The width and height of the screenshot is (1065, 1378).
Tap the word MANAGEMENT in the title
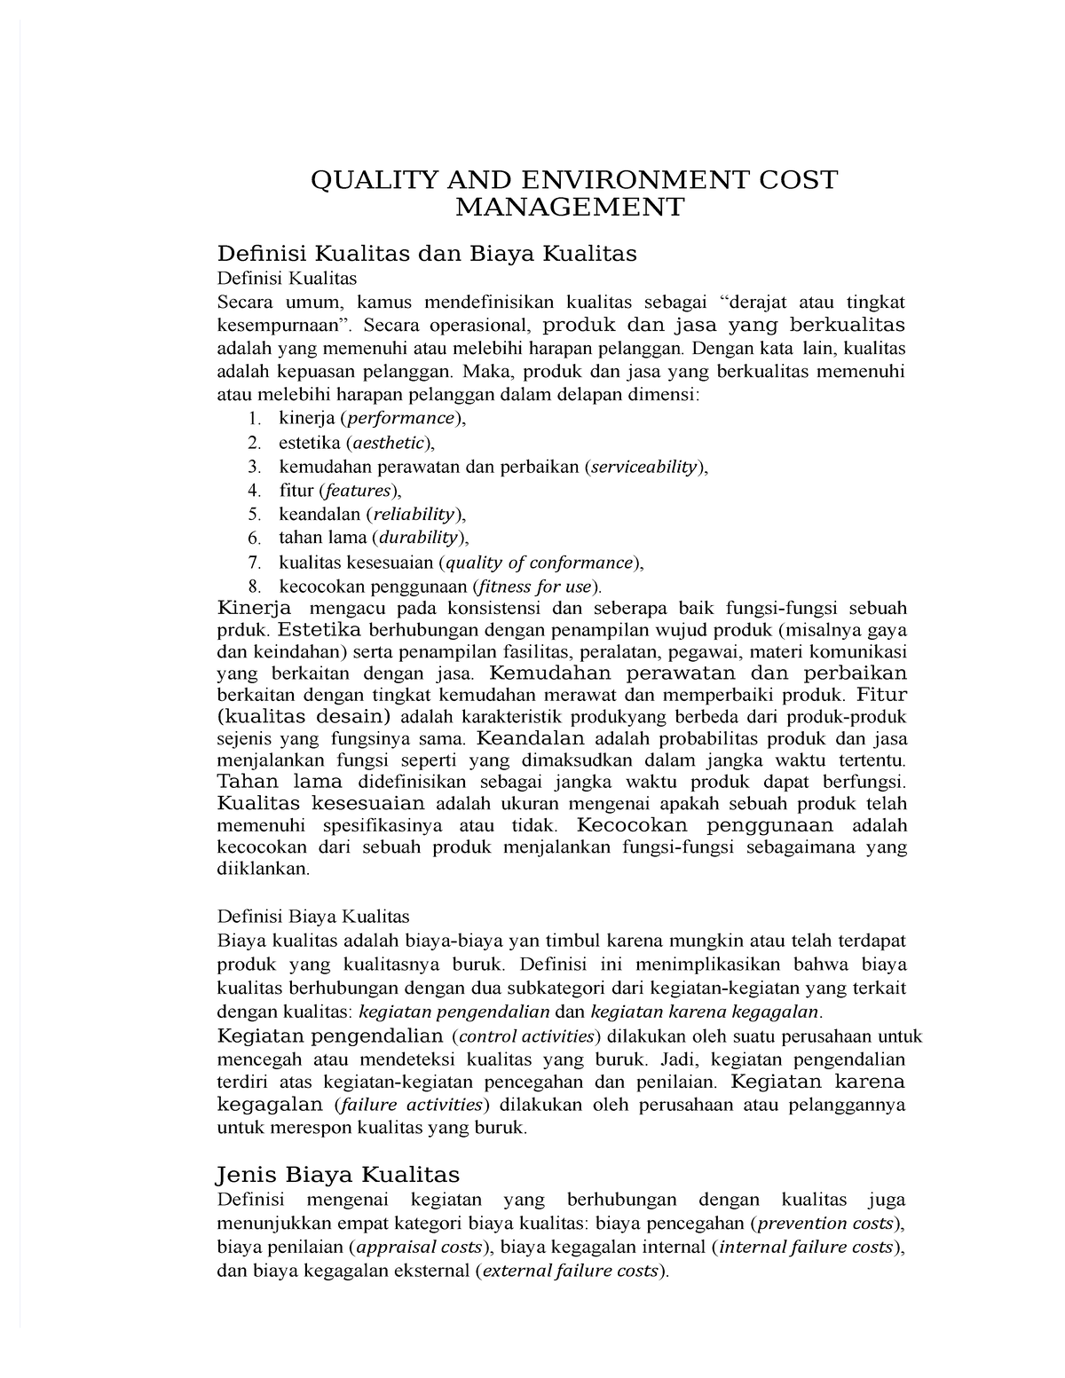[x=571, y=208]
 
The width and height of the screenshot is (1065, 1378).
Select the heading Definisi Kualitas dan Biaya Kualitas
[x=427, y=254]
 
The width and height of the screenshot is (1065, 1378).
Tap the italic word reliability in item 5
[x=413, y=514]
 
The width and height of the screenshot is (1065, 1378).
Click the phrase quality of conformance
[x=539, y=563]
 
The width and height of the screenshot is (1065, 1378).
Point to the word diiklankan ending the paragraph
[x=263, y=870]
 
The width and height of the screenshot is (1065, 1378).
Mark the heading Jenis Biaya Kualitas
[x=338, y=1175]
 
